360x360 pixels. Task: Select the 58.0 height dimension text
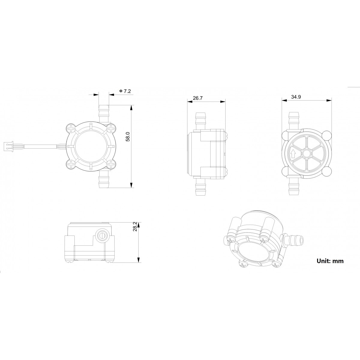[127, 136]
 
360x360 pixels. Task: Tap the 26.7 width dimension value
[198, 98]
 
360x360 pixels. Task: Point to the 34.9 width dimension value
[296, 97]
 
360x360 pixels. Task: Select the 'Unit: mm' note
[330, 261]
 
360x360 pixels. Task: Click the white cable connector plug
[9, 146]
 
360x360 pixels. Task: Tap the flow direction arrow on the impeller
[293, 154]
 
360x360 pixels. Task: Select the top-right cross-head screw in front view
[111, 129]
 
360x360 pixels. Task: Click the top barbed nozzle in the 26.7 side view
[200, 120]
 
